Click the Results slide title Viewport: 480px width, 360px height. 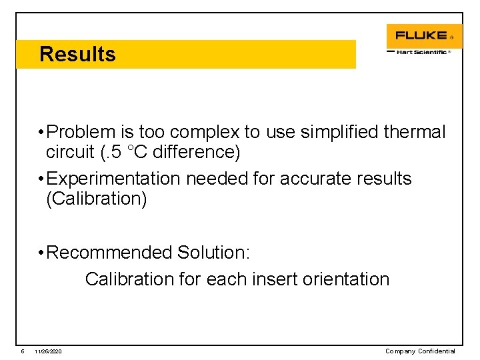coord(77,54)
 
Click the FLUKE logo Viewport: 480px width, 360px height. coord(421,35)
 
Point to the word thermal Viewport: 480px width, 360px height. coord(415,132)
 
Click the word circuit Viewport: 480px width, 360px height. coord(70,152)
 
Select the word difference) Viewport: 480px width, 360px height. coord(198,152)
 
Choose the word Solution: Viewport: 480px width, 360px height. coord(213,253)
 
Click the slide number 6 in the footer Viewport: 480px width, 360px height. coord(22,351)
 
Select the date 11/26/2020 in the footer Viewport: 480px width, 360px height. coord(49,351)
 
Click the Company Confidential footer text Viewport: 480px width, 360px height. coord(420,351)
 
